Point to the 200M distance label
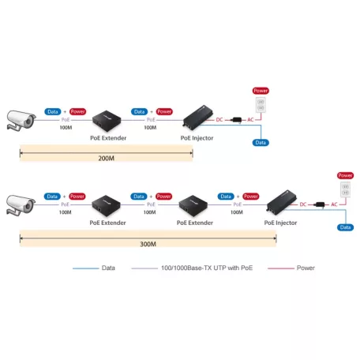coord(105,157)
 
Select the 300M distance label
coord(148,244)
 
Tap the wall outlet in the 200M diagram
coord(257,106)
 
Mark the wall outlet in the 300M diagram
coord(344,190)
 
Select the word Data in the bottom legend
coord(108,268)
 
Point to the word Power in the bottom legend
coord(306,268)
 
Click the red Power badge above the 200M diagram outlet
coord(257,90)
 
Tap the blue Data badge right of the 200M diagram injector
coord(260,143)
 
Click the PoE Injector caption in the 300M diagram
coord(280,223)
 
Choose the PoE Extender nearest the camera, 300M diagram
coord(104,206)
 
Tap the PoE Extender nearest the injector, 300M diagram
coord(193,206)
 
